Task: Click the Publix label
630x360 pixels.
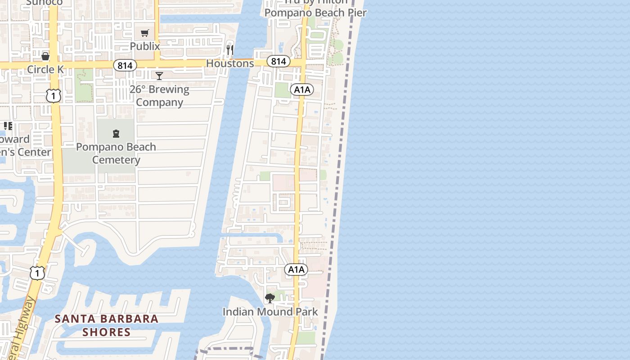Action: click(145, 46)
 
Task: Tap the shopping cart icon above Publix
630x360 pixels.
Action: click(144, 33)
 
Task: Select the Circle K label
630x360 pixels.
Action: click(45, 69)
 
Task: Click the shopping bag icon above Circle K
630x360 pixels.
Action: click(45, 56)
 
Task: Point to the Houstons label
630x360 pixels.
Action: click(230, 63)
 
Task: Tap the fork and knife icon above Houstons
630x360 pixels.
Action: click(230, 50)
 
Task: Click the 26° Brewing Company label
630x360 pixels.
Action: click(159, 96)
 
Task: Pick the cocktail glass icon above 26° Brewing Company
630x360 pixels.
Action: click(159, 76)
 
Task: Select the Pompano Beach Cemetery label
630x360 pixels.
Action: click(116, 153)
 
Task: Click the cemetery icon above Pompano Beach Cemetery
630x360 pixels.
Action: click(116, 134)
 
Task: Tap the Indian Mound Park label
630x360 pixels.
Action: click(270, 311)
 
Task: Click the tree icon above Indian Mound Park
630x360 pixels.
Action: click(270, 298)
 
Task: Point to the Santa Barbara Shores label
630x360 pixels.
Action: click(107, 325)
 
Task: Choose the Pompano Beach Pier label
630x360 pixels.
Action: click(315, 13)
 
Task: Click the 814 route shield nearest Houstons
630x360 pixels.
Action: click(278, 61)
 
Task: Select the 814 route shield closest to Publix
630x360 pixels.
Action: click(125, 66)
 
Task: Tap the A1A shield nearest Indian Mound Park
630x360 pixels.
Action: click(296, 270)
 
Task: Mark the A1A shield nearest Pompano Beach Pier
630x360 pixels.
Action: click(302, 90)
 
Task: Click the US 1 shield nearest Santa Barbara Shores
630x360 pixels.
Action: click(38, 272)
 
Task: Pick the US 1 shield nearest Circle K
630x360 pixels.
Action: click(53, 95)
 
